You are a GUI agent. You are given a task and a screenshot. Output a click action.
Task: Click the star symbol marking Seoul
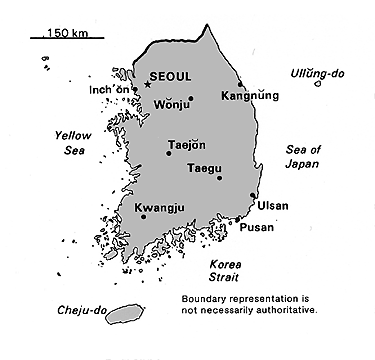tap(148, 85)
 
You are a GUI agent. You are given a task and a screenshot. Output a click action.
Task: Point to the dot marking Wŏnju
tap(190, 99)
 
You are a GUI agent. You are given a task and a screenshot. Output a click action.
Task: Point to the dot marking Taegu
tap(219, 179)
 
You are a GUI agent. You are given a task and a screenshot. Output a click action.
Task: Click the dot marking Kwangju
tap(144, 216)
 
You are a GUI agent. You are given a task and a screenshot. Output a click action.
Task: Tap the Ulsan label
tap(272, 206)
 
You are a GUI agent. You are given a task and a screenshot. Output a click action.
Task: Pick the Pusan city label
tap(256, 228)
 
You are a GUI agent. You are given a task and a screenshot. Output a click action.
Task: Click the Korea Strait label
tap(227, 269)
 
